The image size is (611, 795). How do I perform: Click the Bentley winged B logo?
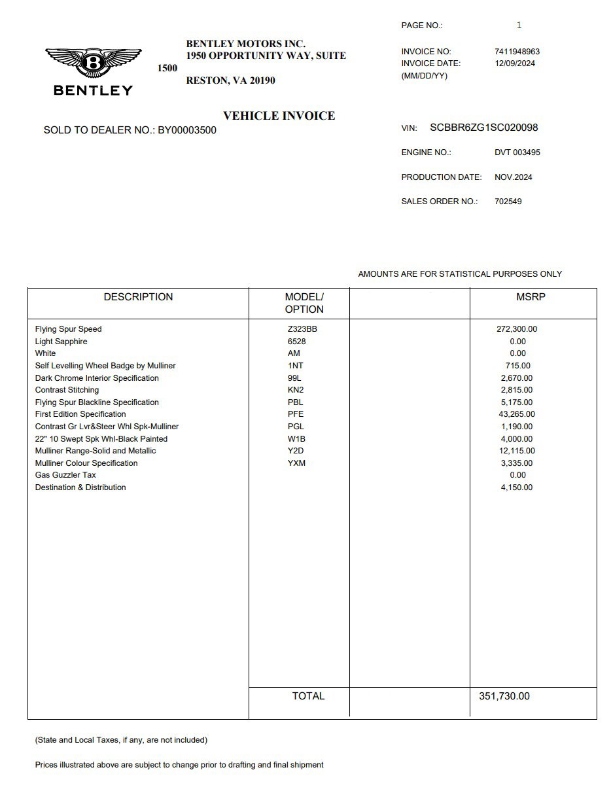pos(93,64)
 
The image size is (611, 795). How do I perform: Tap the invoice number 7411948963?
pos(517,52)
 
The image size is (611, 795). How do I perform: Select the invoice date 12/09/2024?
pos(515,63)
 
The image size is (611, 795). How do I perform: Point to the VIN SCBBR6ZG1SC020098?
pos(483,128)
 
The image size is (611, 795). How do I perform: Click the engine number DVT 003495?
pos(517,152)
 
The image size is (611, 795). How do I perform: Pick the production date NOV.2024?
pos(513,177)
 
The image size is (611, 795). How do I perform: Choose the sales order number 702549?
pos(508,202)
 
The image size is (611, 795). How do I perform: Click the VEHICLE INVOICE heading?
pos(279,116)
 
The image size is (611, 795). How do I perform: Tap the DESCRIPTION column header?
pos(138,297)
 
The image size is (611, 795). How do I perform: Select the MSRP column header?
pos(531,297)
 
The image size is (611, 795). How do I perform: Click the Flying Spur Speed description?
pos(69,329)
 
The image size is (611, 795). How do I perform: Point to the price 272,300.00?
pos(517,329)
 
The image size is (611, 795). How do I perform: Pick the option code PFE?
pos(296,414)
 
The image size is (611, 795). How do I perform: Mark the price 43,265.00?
pos(516,414)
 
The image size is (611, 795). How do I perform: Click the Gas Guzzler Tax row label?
pos(65,475)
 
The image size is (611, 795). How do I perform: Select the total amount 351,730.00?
pos(504,696)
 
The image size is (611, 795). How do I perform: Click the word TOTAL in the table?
pos(308,696)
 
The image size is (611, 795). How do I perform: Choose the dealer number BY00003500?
pos(186,130)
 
